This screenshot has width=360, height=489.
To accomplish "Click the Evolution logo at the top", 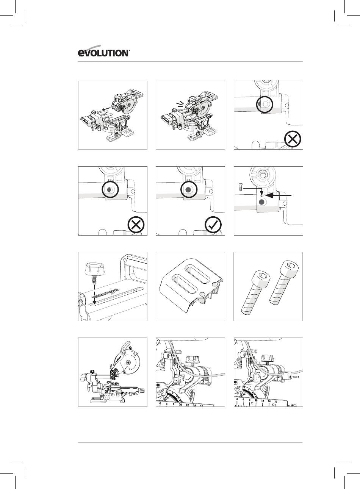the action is click(104, 53).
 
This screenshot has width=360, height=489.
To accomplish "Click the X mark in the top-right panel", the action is click(293, 139).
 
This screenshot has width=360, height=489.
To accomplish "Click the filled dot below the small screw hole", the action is click(261, 203).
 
